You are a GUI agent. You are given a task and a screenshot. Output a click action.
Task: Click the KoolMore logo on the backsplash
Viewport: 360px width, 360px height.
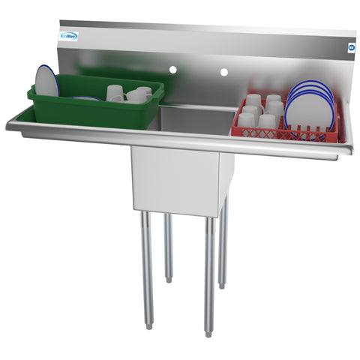click(x=68, y=36)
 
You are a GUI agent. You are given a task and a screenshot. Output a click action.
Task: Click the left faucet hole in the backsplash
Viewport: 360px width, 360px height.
click(x=172, y=70)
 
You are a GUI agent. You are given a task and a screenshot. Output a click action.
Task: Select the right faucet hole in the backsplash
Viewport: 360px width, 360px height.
click(x=223, y=73)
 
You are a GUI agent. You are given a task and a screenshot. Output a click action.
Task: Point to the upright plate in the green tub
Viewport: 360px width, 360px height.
click(x=46, y=81)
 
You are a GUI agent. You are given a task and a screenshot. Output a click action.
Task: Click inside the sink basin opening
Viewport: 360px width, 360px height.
click(x=196, y=120)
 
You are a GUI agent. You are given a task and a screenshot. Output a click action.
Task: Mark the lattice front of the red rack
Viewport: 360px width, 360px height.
click(x=285, y=135)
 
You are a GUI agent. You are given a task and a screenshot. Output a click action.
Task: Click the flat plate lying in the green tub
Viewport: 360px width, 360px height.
click(x=86, y=98)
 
